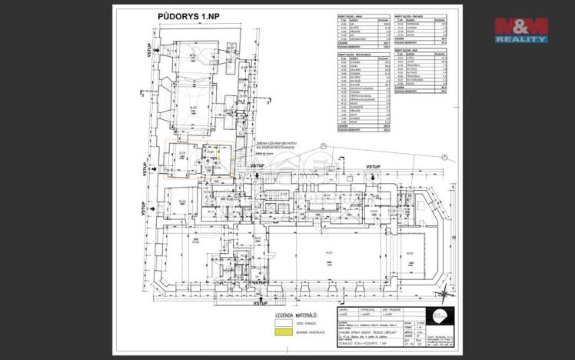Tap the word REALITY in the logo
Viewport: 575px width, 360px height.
(x=521, y=38)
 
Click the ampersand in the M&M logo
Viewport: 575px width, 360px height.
(x=521, y=25)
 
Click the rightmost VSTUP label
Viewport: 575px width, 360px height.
(x=374, y=167)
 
